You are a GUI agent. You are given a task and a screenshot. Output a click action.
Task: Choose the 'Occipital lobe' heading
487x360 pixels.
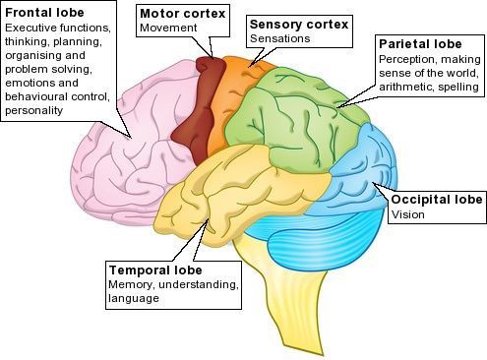coord(437,200)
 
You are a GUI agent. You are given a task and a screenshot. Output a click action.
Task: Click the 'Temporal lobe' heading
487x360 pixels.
coord(155,270)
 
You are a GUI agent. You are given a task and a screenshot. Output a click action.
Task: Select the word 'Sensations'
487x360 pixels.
coord(279,38)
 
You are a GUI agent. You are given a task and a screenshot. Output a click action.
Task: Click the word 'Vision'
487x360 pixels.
coord(407,214)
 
